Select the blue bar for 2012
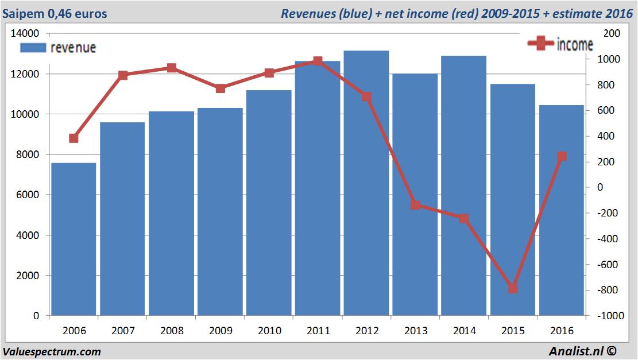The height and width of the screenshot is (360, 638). point(366,183)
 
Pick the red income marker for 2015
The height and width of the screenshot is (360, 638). point(513,288)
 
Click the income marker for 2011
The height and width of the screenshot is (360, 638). point(318,61)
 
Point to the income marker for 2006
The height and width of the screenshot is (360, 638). point(74,138)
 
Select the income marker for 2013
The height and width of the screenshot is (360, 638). point(415,205)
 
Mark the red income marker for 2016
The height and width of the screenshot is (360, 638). point(562,156)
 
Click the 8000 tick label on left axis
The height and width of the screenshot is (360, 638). point(27,154)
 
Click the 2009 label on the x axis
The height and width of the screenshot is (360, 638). point(221,331)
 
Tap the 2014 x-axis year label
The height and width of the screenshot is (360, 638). point(464,331)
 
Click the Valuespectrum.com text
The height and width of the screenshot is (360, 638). point(52,351)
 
